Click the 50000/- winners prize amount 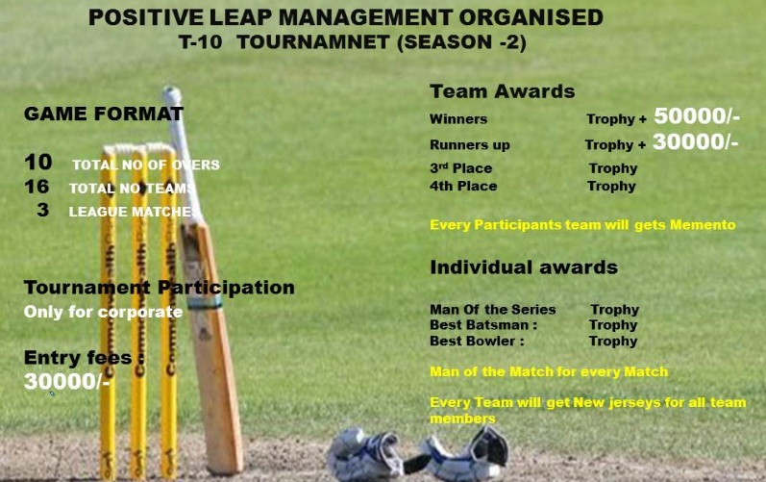pos(696,116)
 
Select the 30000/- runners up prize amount pos(695,142)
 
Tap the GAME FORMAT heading pos(104,114)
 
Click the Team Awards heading pos(502,91)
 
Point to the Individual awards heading pos(523,266)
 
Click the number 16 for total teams pos(37,187)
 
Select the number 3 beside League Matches pos(42,210)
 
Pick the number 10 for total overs pos(37,163)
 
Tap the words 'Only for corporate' pos(103,312)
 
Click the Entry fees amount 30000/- pos(67,381)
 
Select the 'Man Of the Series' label pos(492,310)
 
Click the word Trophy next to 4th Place pos(611,186)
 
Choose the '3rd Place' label pos(460,168)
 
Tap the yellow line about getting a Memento pos(581,225)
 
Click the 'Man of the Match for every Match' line pos(548,371)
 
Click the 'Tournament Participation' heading pos(159,288)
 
